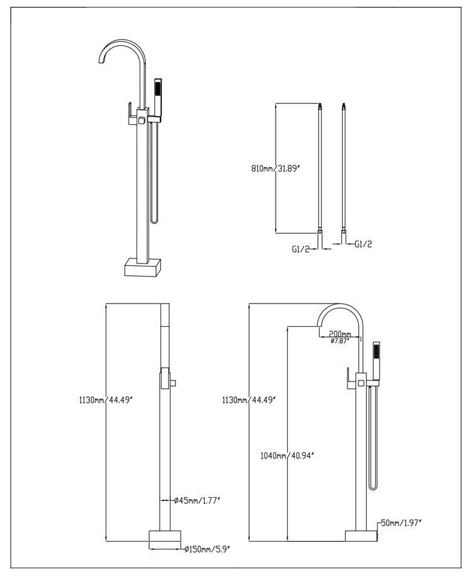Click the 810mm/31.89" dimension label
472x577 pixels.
pos(274,168)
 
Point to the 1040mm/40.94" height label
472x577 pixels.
pos(286,455)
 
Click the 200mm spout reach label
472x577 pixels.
pos(339,333)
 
